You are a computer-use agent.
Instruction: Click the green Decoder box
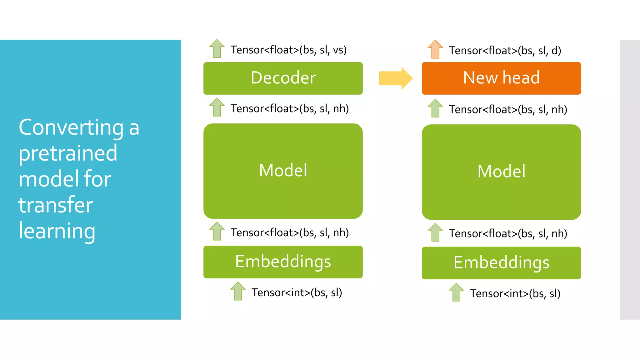point(283,78)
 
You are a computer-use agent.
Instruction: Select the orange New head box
point(501,78)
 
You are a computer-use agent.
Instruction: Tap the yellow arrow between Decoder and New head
point(396,78)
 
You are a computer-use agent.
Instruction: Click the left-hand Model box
point(283,171)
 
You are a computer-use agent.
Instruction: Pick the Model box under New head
point(501,172)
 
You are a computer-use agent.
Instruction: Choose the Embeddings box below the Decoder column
point(283,262)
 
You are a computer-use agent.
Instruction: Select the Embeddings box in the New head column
point(501,263)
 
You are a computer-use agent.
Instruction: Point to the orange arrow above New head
point(435,49)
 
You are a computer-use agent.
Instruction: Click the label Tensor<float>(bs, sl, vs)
point(288,50)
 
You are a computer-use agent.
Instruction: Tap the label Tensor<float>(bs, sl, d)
point(505,50)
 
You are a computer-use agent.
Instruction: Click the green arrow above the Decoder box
point(217,48)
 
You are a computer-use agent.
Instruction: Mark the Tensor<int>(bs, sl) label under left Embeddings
point(297,292)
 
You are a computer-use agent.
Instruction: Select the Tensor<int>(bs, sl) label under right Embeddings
point(515,293)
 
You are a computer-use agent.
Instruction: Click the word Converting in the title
point(71,127)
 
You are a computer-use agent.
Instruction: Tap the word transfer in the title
point(56,205)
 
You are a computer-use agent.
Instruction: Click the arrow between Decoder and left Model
point(217,107)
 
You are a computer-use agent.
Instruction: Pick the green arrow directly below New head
point(435,108)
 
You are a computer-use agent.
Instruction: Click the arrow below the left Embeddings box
point(238,291)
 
